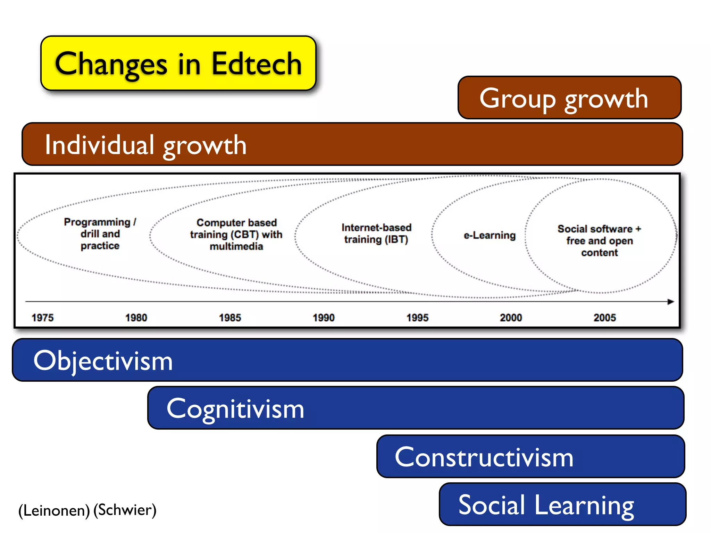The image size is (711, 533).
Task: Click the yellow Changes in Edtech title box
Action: (178, 64)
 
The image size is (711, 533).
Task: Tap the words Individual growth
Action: (146, 145)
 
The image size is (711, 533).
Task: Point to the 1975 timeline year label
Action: (43, 318)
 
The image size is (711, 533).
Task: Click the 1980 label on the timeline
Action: (136, 318)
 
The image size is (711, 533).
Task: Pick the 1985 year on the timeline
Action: (230, 318)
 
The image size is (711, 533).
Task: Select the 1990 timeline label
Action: (324, 318)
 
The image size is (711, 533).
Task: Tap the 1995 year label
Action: (417, 318)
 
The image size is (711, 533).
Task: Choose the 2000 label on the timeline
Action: (511, 318)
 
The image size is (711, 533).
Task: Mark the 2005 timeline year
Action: (604, 318)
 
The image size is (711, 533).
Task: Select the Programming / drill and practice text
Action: (100, 234)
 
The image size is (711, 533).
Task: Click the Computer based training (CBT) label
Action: (236, 234)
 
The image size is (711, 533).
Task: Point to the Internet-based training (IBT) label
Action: (376, 234)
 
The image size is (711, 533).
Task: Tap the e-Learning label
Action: (490, 235)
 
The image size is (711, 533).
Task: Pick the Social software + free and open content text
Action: (599, 240)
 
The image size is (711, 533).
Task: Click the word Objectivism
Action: (103, 361)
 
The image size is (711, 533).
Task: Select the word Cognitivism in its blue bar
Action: (235, 409)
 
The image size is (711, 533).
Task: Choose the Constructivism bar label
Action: (484, 457)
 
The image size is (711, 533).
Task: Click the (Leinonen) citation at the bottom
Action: (54, 510)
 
